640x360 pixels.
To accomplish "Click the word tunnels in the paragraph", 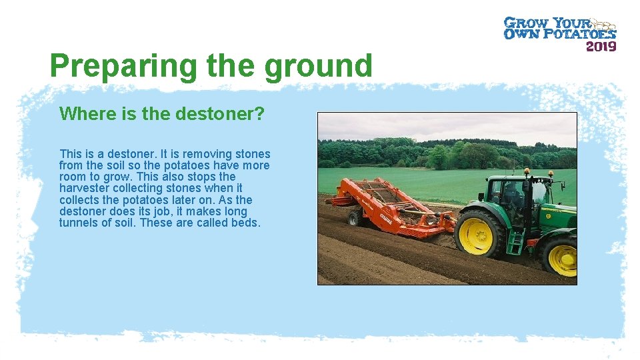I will click(79, 223).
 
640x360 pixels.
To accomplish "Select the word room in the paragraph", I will click(73, 177).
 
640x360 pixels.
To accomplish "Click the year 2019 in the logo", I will click(601, 46).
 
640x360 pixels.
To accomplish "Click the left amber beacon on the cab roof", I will click(527, 173).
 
